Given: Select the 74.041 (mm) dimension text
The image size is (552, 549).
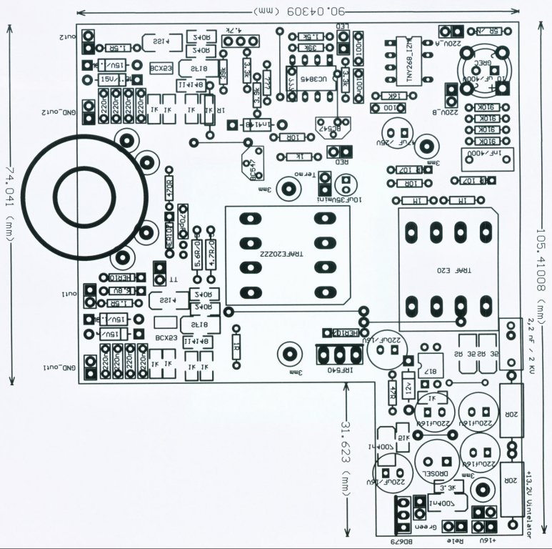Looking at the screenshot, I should click(x=10, y=204).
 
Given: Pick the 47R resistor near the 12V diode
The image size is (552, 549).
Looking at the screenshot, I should click(x=393, y=392).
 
